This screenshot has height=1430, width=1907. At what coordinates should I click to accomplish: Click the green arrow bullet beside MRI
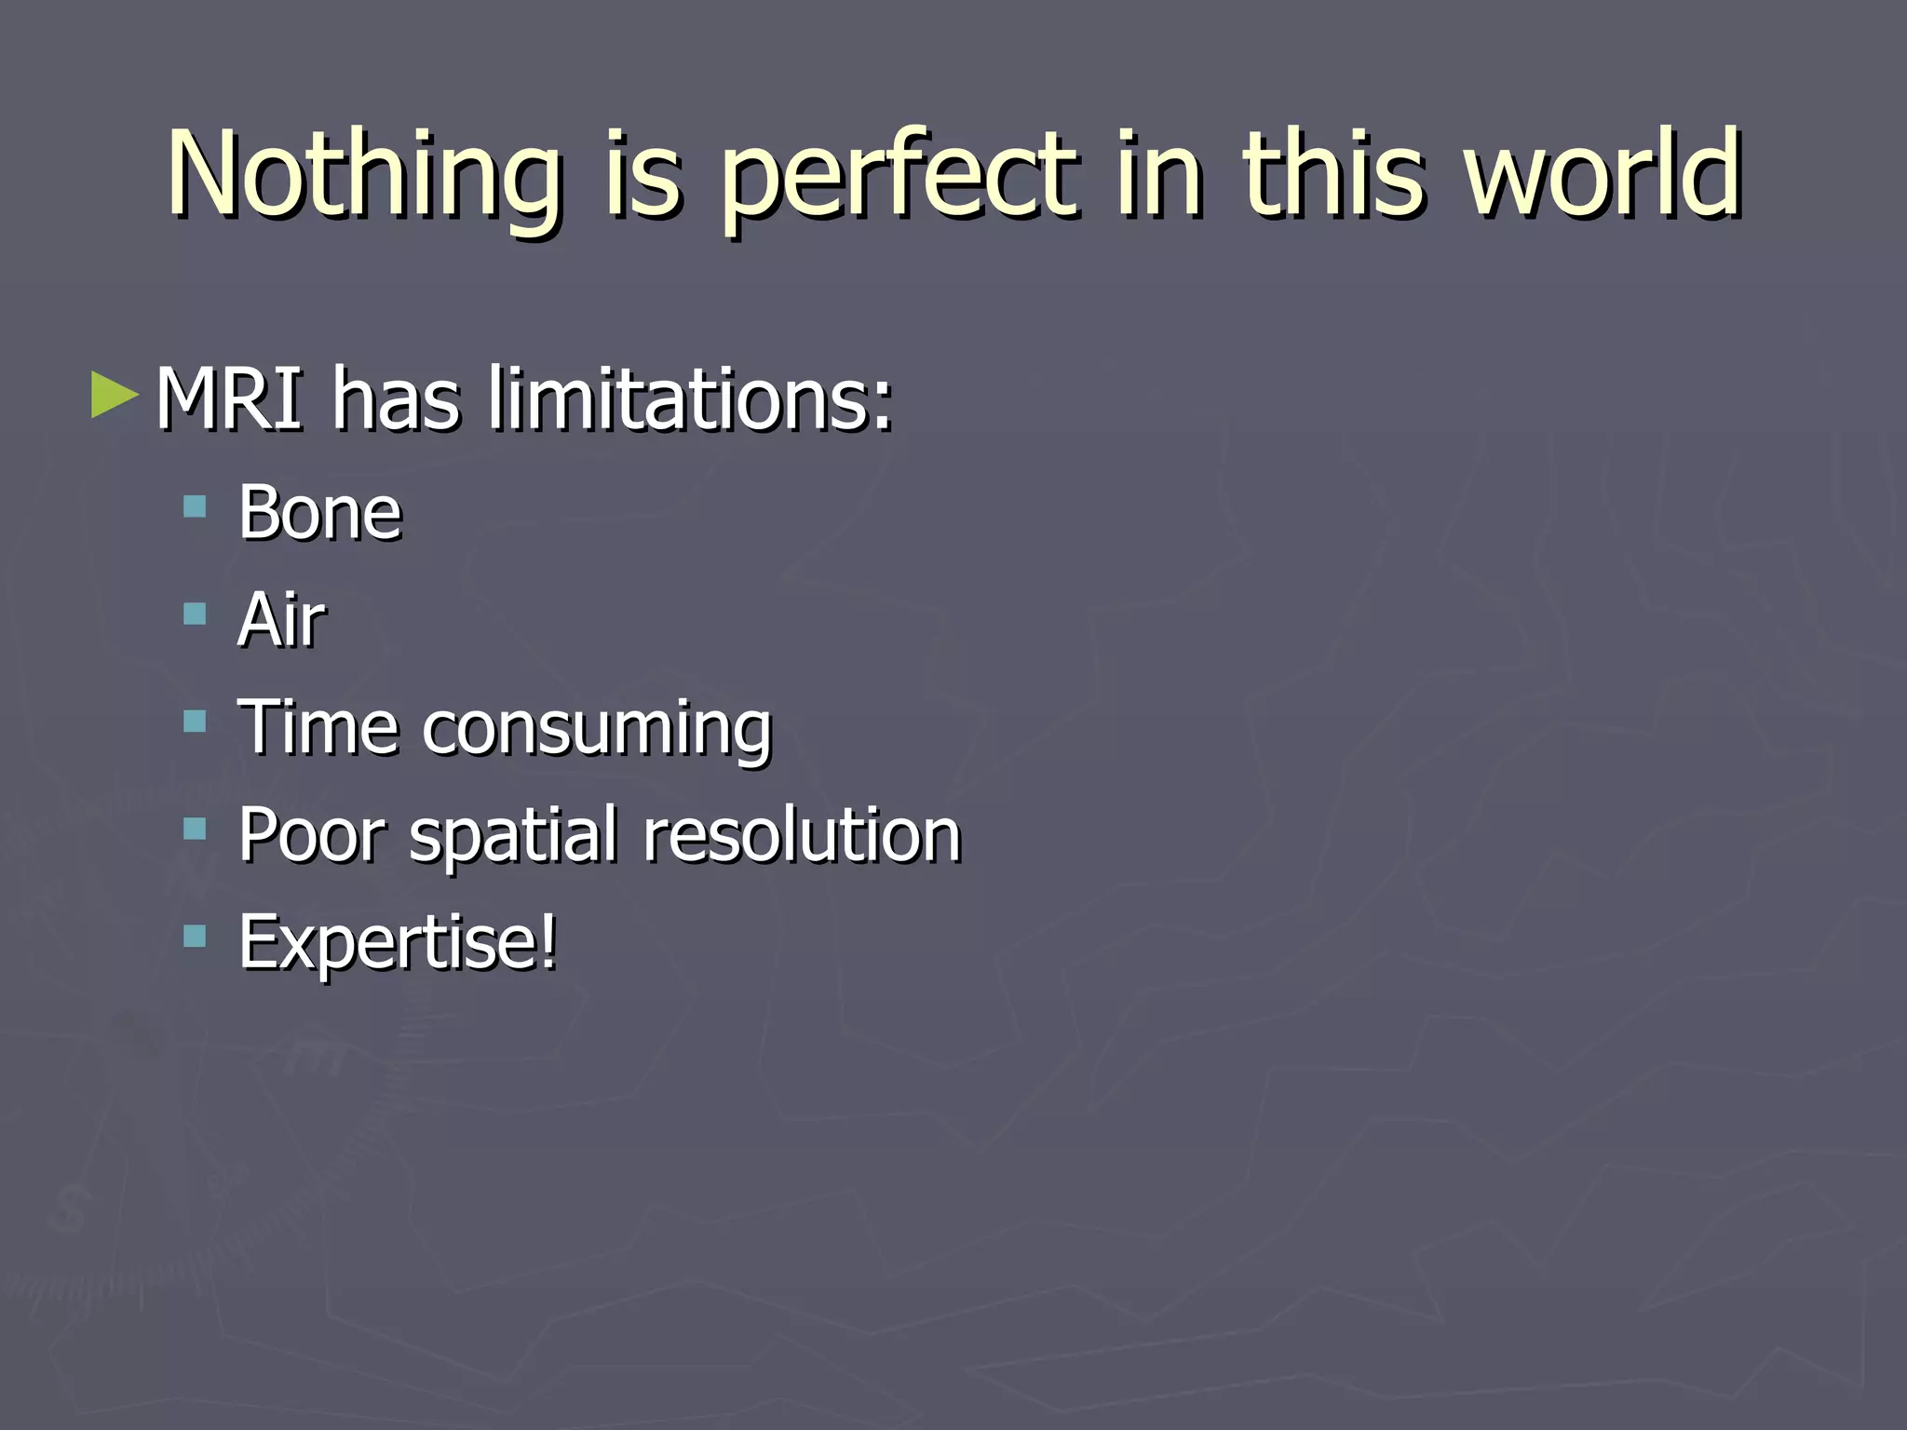[x=115, y=396]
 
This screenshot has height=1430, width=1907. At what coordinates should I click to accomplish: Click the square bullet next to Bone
[x=195, y=507]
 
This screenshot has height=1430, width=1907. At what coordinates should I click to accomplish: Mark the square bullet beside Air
[x=195, y=614]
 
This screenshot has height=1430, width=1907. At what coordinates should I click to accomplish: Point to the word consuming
[x=597, y=731]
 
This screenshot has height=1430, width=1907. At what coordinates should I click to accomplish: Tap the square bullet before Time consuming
[x=195, y=722]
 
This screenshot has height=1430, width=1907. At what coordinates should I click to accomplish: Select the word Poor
[x=311, y=834]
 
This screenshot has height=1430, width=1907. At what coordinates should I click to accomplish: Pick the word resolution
[x=802, y=834]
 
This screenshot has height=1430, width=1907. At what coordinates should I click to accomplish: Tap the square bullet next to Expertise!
[x=195, y=936]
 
